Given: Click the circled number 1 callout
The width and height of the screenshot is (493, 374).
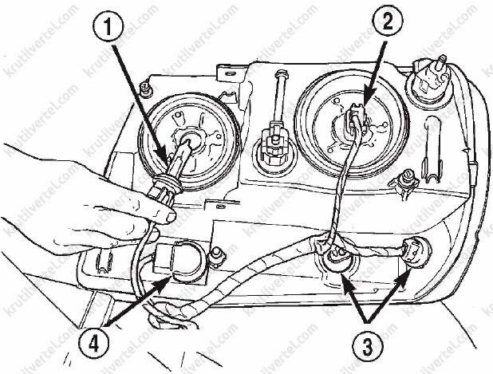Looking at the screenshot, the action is (108, 27).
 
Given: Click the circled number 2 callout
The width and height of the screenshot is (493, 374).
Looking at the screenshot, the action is (387, 22).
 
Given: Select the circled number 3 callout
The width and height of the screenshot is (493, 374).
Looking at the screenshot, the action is (367, 346).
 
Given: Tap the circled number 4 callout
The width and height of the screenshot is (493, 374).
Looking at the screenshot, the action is (93, 344).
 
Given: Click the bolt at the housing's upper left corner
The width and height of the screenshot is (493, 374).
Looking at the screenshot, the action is (146, 89).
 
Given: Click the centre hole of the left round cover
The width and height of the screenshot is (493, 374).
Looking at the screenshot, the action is (190, 139).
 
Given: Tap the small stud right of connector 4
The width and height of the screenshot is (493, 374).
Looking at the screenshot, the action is (219, 256).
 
